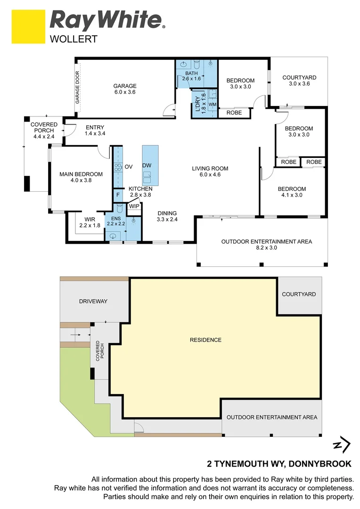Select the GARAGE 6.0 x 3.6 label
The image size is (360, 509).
125,89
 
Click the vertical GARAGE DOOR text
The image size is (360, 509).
78,88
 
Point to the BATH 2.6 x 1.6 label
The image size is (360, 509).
191,76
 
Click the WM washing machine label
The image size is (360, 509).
212,104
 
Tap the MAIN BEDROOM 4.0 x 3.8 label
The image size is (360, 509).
81,177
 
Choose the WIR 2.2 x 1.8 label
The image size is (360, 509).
90,222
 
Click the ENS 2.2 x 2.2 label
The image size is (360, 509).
116,221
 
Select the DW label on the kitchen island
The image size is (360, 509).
147,165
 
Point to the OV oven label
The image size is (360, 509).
128,167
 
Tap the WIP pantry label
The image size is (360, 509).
134,206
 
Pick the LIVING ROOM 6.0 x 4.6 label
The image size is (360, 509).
210,172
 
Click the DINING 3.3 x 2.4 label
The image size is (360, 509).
167,216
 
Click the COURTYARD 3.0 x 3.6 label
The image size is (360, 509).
299,81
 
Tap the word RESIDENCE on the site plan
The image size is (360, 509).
205,340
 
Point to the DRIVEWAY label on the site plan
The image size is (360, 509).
93,301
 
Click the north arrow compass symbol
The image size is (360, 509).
342,445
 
